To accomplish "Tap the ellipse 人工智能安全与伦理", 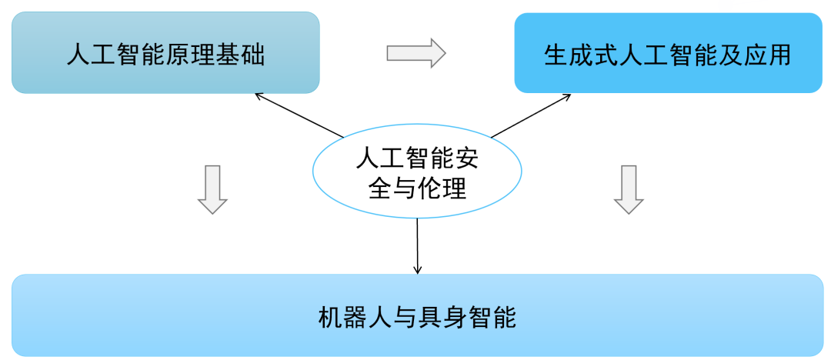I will pos(417,174).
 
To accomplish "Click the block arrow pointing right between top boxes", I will pos(415,52).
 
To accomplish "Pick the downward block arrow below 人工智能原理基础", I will pos(212,189).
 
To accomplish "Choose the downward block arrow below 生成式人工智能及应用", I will pos(629,189).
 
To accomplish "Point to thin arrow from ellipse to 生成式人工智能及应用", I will pos(531,116).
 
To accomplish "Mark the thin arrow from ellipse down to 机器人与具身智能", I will pos(417,246).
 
